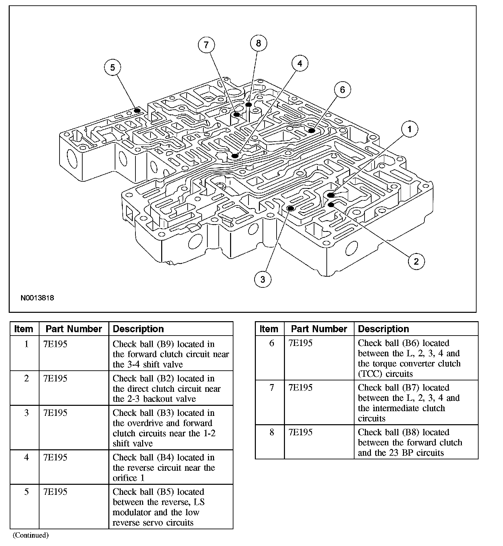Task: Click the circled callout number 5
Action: click(112, 68)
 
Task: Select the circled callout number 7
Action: click(206, 45)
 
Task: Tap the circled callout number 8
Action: click(258, 43)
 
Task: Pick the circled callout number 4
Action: click(300, 64)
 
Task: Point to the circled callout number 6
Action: click(342, 90)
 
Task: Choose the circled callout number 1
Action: click(409, 129)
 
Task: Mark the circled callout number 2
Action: click(416, 261)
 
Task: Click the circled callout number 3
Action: click(263, 279)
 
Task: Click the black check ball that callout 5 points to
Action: click(137, 110)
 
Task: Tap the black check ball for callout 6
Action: click(311, 130)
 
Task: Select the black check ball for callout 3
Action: click(291, 208)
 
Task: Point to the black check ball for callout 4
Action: click(235, 156)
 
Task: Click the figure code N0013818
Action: click(37, 298)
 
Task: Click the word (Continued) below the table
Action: click(31, 535)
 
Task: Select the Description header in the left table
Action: click(138, 329)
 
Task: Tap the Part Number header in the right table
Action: click(319, 329)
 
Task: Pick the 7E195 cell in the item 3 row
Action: click(55, 413)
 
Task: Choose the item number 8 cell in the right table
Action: click(272, 433)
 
